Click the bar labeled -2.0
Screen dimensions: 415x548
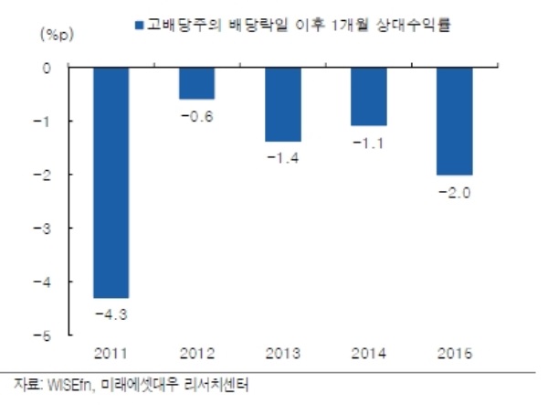click(454, 121)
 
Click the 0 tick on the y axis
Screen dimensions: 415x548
click(47, 68)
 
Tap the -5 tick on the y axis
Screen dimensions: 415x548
click(46, 335)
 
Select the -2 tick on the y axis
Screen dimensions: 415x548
click(46, 175)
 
